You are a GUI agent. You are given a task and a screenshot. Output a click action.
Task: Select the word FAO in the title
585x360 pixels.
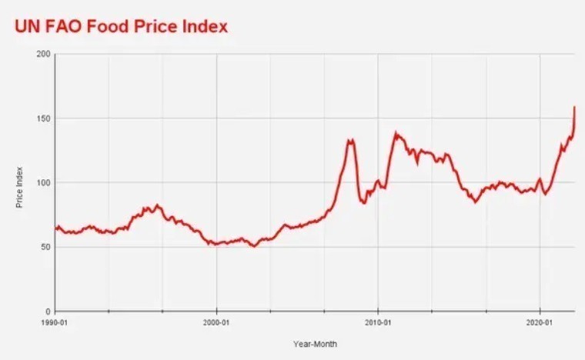[x=64, y=26]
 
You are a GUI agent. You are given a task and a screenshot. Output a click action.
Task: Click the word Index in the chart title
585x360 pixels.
[x=202, y=26]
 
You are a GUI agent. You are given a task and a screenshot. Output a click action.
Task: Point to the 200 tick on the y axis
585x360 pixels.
[x=43, y=54]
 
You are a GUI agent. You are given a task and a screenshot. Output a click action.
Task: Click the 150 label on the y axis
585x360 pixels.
[x=43, y=118]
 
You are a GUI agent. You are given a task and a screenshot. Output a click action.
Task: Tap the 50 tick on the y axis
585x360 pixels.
[x=45, y=247]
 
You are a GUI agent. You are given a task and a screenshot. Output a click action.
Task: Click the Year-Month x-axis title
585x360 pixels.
[x=315, y=344]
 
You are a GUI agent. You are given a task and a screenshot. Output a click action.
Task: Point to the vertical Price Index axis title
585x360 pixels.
[x=19, y=187]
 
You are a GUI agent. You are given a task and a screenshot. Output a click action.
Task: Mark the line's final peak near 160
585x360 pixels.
[x=574, y=107]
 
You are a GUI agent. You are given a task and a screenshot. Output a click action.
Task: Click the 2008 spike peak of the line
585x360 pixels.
[x=350, y=140]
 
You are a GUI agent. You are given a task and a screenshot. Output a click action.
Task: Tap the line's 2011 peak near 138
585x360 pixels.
[x=396, y=133]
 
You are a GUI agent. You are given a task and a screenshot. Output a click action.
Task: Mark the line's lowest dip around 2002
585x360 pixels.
[x=253, y=246]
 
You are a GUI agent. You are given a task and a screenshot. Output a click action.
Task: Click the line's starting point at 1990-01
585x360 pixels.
[x=55, y=228]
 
